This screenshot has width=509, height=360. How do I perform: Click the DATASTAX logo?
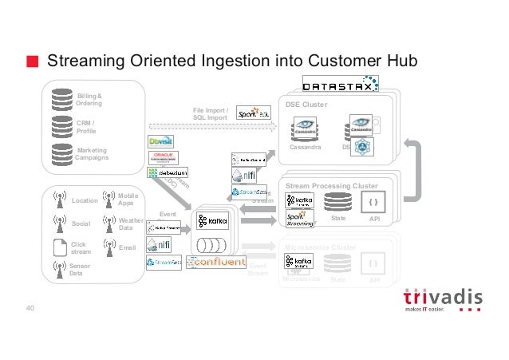point(340,84)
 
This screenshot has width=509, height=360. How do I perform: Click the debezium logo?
point(168,172)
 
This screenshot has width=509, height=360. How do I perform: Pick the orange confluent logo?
point(216,261)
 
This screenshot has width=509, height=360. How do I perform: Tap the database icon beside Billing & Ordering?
point(61,98)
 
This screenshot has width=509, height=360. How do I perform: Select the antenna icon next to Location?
point(58,200)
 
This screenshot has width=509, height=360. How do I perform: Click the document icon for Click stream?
point(58,247)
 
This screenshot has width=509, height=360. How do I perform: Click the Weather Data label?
point(129,224)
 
